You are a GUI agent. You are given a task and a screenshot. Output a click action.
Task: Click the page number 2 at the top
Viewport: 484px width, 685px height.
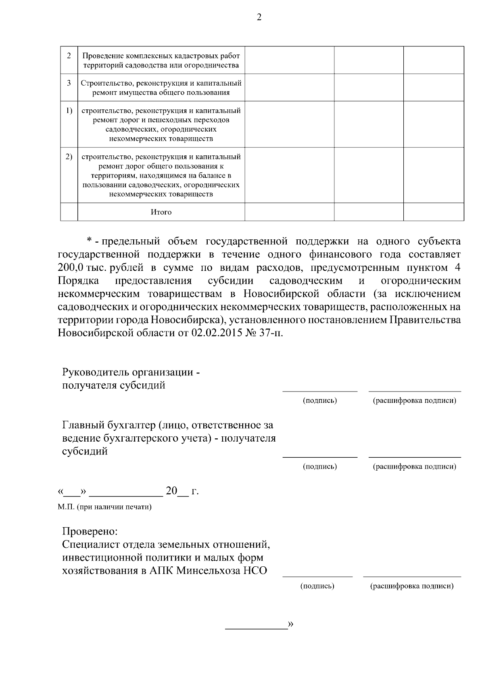pos(259,17)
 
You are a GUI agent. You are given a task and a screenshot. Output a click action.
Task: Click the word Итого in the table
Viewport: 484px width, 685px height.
pos(161,212)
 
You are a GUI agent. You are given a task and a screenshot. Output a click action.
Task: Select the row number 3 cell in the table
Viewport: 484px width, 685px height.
pos(69,83)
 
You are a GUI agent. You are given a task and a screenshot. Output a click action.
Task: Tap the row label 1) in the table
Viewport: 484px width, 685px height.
pos(69,110)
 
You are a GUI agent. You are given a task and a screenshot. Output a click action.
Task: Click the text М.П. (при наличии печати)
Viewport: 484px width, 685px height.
pos(104,507)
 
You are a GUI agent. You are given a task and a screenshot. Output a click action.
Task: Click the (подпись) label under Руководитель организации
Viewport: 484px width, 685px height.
pos(320,400)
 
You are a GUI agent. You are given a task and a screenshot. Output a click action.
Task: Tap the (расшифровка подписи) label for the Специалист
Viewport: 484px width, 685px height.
pos(412,586)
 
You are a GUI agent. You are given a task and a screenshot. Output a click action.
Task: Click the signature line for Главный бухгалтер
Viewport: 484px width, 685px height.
pos(320,457)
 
